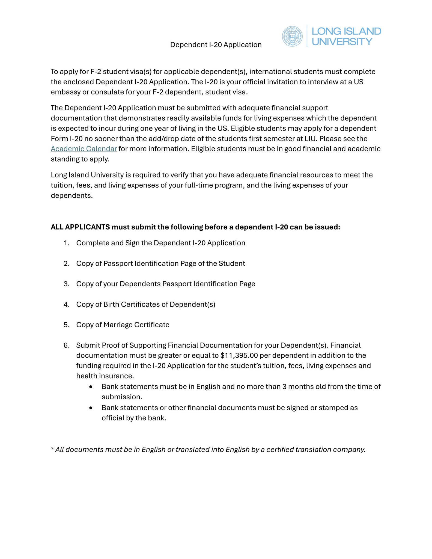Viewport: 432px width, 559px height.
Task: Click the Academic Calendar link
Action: coord(84,149)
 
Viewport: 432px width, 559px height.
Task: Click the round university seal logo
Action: coord(292,36)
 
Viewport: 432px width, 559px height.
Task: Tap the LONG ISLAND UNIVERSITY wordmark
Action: coord(346,36)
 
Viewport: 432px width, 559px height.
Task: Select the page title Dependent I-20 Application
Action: coord(216,45)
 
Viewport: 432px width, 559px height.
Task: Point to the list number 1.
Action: coord(66,243)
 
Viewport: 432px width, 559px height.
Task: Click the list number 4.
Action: coord(66,304)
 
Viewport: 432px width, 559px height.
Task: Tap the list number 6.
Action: coord(66,345)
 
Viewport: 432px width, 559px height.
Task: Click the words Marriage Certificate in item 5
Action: coord(136,325)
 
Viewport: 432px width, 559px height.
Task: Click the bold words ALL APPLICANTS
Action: coord(80,227)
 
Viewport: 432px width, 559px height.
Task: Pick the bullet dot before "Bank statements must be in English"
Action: coord(91,387)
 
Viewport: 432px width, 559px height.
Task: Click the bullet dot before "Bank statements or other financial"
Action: coord(91,408)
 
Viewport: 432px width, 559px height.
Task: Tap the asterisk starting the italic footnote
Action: coord(52,449)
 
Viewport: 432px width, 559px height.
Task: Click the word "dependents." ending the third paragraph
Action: coord(72,195)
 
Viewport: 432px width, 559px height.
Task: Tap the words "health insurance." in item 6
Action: coord(105,376)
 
